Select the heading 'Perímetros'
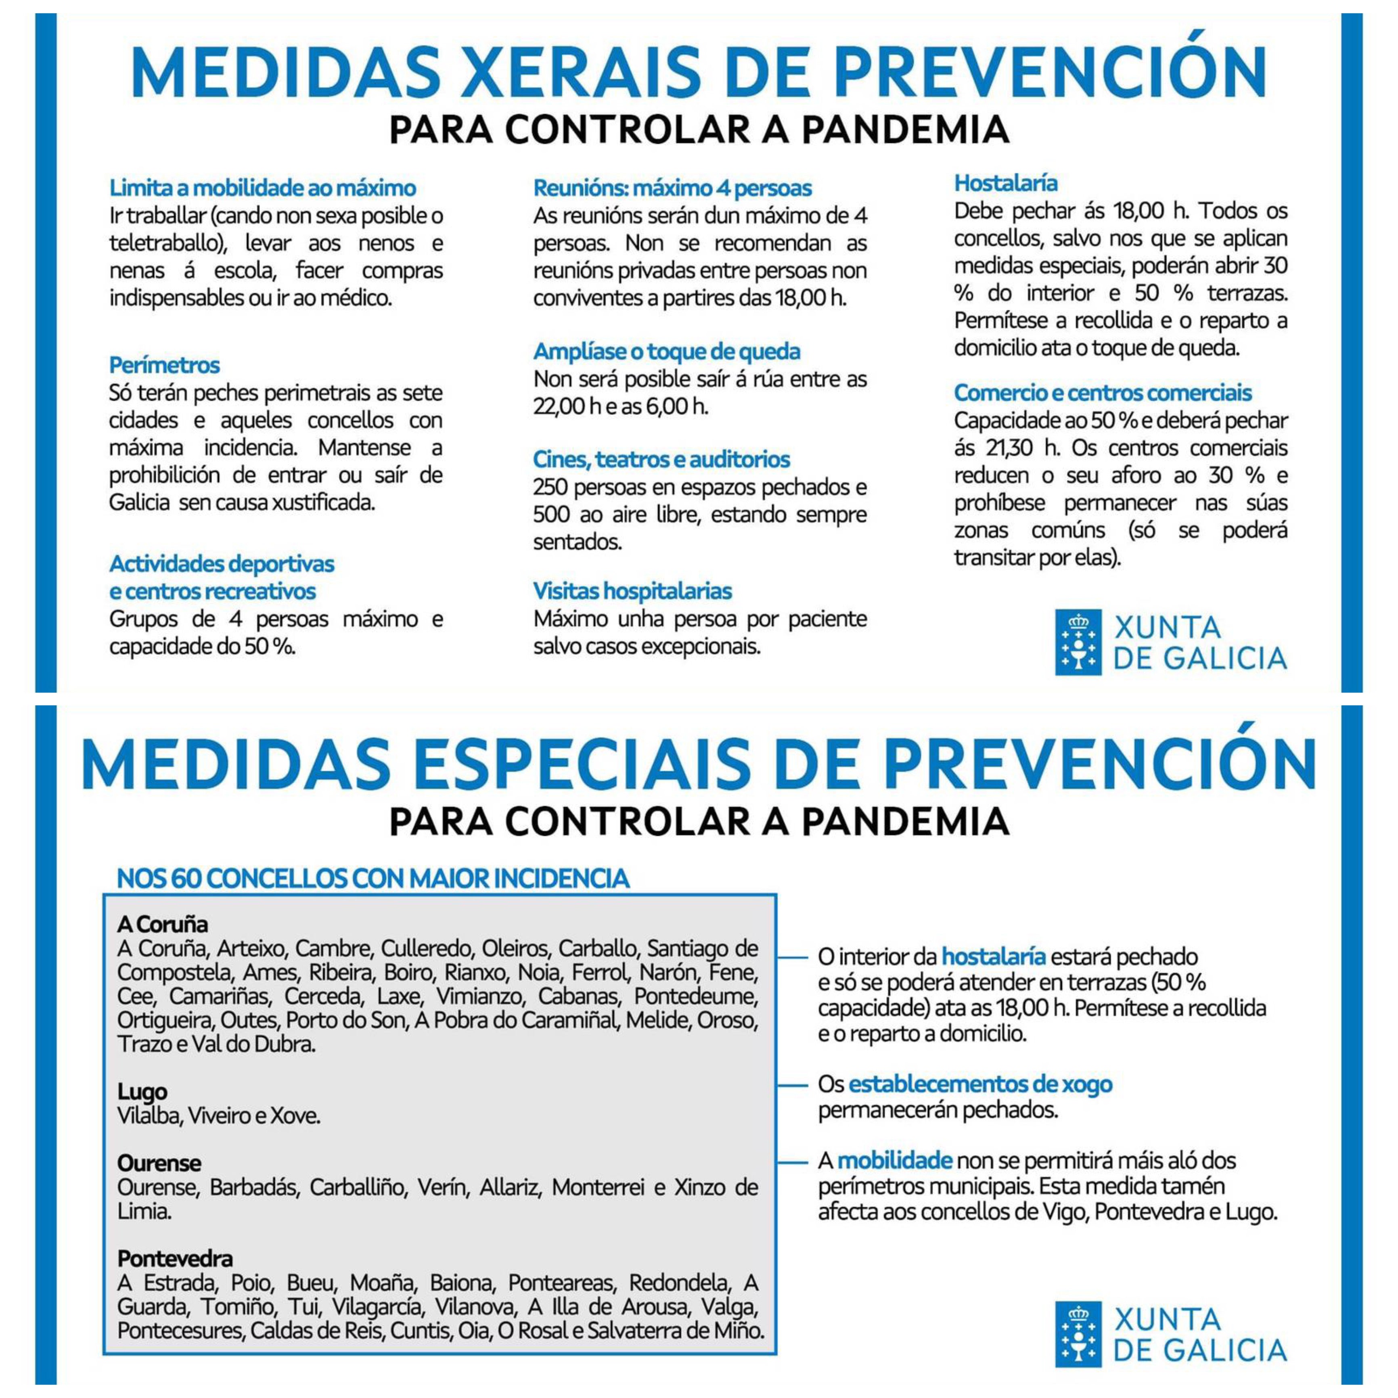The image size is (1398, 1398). pyautogui.click(x=164, y=365)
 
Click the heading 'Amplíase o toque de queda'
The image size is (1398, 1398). pyautogui.click(x=666, y=352)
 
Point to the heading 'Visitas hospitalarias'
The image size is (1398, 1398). pyautogui.click(x=632, y=591)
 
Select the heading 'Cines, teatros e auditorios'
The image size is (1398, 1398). pyautogui.click(x=661, y=460)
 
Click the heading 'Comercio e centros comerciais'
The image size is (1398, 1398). pyautogui.click(x=1102, y=393)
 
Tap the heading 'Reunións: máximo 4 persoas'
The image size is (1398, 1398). pyautogui.click(x=672, y=188)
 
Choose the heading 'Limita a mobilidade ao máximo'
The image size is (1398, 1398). pyautogui.click(x=263, y=188)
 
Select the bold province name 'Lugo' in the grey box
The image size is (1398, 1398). pyautogui.click(x=142, y=1091)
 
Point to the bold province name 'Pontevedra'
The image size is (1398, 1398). pyautogui.click(x=175, y=1258)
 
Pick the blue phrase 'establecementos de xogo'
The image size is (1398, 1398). pyautogui.click(x=980, y=1084)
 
